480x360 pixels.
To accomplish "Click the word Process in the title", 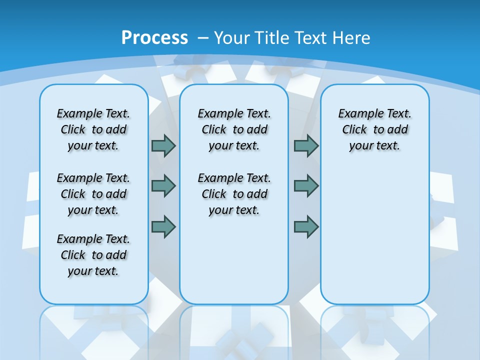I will tap(154, 37).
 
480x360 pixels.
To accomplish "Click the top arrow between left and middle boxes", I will tap(163, 145).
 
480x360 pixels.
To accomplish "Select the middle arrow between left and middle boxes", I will tap(163, 186).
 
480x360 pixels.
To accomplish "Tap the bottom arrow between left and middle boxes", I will tap(163, 226).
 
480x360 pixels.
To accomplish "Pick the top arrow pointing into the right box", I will tap(306, 145).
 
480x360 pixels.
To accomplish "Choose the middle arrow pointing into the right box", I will tap(306, 186).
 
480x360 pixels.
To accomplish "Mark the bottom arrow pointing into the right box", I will tap(306, 226).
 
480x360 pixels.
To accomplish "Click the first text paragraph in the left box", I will tap(93, 129).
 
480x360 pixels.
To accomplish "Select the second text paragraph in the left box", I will tap(93, 194).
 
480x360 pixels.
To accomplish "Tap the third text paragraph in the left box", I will tap(93, 255).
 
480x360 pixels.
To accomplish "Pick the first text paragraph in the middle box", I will tap(234, 129).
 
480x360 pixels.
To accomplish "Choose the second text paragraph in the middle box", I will tap(234, 194).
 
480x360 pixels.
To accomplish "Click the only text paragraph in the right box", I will tap(374, 129).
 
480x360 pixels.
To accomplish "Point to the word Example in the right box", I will tap(356, 114).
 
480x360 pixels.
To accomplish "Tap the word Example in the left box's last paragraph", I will tap(74, 239).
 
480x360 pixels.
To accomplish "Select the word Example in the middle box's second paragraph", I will tap(215, 178).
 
